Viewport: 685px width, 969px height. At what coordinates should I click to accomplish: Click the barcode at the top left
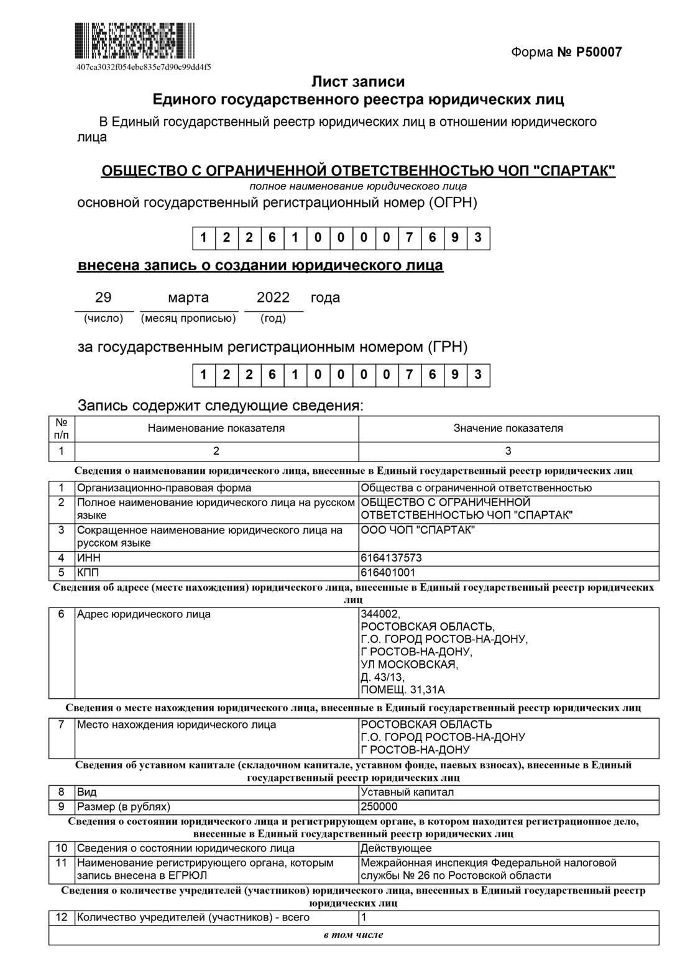click(x=135, y=41)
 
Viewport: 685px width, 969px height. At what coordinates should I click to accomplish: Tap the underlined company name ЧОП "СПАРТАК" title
click(x=358, y=171)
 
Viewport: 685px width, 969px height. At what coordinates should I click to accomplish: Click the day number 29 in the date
click(x=103, y=298)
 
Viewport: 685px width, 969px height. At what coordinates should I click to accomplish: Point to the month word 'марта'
click(x=188, y=298)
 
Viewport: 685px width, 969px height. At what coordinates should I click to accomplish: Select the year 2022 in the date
click(x=274, y=298)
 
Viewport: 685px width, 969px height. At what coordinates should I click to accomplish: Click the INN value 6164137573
click(x=391, y=558)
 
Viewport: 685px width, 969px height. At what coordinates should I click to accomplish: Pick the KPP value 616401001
click(x=388, y=572)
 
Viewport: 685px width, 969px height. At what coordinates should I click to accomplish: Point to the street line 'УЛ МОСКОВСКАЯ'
click(x=409, y=665)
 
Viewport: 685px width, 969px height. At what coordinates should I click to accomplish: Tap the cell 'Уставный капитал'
click(x=407, y=792)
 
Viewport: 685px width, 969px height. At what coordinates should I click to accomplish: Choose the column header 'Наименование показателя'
click(x=216, y=428)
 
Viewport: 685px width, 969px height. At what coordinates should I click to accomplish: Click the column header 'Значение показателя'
click(x=508, y=428)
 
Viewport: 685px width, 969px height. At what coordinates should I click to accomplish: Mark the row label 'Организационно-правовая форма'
click(x=164, y=488)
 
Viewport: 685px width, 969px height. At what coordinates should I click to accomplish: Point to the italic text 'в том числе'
click(x=353, y=935)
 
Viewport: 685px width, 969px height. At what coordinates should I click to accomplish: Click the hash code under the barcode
click(x=143, y=66)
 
